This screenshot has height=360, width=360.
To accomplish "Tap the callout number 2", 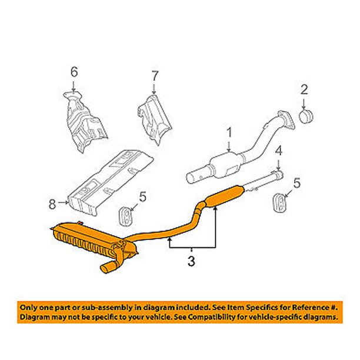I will pos(304,90).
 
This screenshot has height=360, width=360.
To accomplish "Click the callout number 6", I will pos(74,72).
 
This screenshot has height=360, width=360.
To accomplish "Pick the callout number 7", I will pos(155,75).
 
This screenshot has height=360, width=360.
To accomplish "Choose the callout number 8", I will pos(52,204).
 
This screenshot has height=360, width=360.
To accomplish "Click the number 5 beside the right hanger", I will pos(296,184).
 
